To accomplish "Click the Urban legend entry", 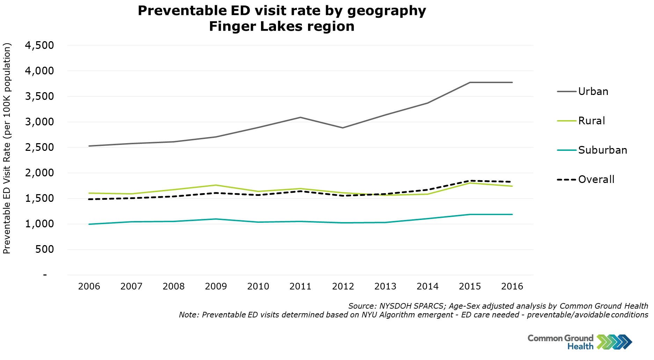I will point(593,91).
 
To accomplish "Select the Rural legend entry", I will point(591,121).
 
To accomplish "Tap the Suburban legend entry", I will point(602,150).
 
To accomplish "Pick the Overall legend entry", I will point(596,179).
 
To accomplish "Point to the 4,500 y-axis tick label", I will point(39,45).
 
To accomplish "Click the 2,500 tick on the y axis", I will point(39,147).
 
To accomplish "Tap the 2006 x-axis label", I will point(89,287).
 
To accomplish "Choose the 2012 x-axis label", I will point(343,287).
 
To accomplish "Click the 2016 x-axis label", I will point(512,287).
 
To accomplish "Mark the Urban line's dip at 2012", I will point(343,128).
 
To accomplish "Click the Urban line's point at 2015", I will point(470,82).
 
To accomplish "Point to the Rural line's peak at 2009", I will point(216,185).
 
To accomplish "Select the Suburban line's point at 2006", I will point(89,224).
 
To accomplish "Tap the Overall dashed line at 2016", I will point(512,182).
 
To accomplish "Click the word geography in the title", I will point(386,11).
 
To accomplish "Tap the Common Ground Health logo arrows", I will point(614,342).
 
